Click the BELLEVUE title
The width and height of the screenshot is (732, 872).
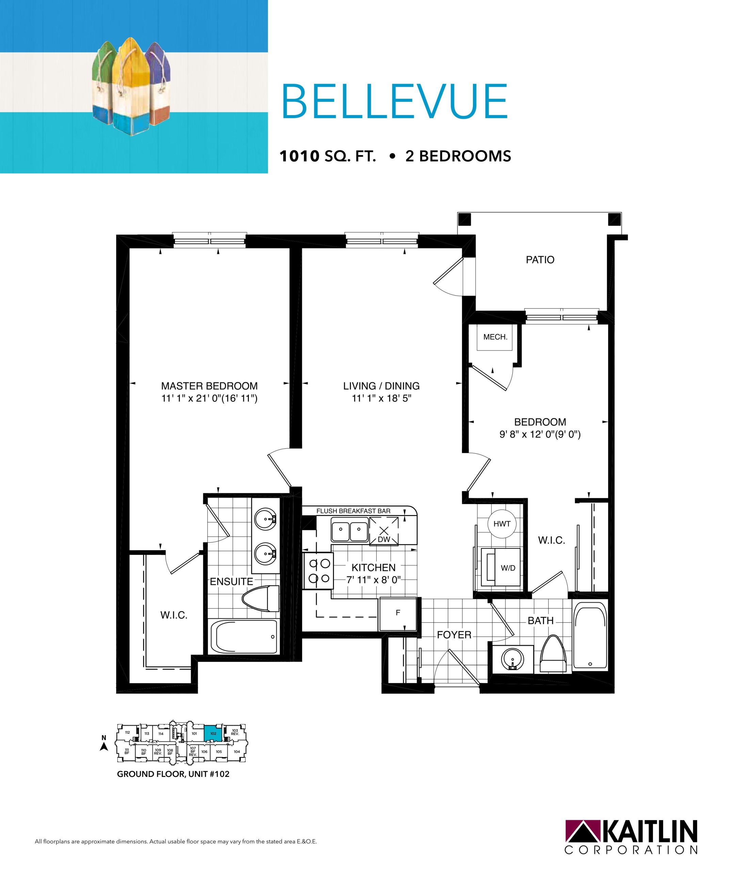click(394, 102)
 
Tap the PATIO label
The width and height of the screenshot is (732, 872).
click(540, 260)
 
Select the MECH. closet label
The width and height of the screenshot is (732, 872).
click(495, 337)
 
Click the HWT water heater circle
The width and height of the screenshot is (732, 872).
click(502, 524)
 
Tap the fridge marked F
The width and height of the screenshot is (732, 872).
click(398, 614)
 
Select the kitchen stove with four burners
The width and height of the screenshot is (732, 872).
click(318, 571)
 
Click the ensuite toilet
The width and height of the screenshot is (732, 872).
click(260, 599)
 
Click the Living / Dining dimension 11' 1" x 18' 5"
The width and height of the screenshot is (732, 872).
click(381, 399)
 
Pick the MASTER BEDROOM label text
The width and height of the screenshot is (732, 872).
click(210, 386)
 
